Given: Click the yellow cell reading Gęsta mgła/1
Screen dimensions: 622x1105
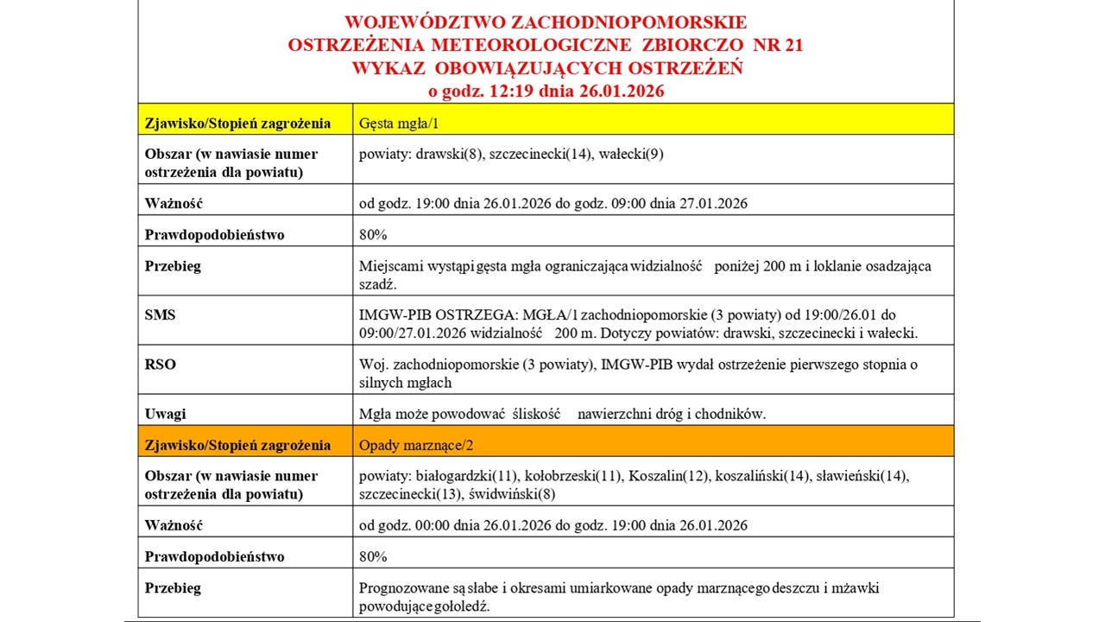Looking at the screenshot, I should [399, 123].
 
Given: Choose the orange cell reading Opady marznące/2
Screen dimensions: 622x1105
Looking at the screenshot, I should [414, 445].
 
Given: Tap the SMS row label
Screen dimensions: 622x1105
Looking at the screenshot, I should [160, 314].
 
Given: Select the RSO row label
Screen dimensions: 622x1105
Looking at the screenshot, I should [160, 364].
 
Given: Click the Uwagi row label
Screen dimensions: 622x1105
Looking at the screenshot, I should [165, 414].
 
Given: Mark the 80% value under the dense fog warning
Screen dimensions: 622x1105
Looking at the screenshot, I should [373, 234].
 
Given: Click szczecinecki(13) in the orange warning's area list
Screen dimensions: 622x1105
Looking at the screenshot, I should [410, 495].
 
